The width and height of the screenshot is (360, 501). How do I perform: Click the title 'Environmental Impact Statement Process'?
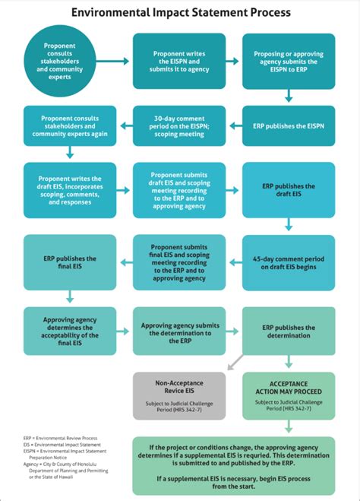click(180, 13)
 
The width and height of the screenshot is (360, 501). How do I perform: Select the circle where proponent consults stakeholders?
click(62, 61)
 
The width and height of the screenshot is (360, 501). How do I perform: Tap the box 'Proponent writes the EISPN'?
click(178, 61)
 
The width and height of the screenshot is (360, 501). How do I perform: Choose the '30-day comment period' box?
click(178, 125)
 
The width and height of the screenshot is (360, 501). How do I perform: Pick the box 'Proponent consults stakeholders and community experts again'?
click(70, 125)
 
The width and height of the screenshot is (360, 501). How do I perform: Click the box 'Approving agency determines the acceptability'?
click(70, 330)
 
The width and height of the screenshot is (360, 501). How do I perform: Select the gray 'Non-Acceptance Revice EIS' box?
click(178, 395)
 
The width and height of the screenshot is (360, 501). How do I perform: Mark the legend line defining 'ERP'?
click(51, 439)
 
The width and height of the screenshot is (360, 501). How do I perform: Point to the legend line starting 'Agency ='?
click(57, 465)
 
